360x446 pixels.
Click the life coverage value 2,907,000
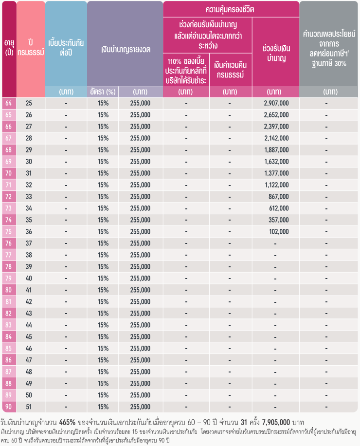276,103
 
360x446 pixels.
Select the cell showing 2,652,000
276,115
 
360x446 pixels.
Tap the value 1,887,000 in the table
276,150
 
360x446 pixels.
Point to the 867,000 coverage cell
278,197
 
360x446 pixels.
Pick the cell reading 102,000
279,232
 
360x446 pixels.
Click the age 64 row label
9,103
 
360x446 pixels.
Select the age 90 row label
9,407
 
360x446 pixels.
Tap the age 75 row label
9,232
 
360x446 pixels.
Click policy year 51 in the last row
29,407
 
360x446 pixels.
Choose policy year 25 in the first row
29,103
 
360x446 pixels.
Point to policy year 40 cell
29,278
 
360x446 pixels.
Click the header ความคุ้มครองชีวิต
230,10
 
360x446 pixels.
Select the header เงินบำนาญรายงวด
126,50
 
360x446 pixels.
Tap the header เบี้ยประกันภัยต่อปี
66,48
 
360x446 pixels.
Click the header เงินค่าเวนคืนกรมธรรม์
230,70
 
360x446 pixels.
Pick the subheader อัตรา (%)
103,92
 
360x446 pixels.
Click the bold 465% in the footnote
67,422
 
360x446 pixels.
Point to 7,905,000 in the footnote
276,422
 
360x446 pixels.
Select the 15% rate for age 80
103,290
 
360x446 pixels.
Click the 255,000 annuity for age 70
140,173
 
